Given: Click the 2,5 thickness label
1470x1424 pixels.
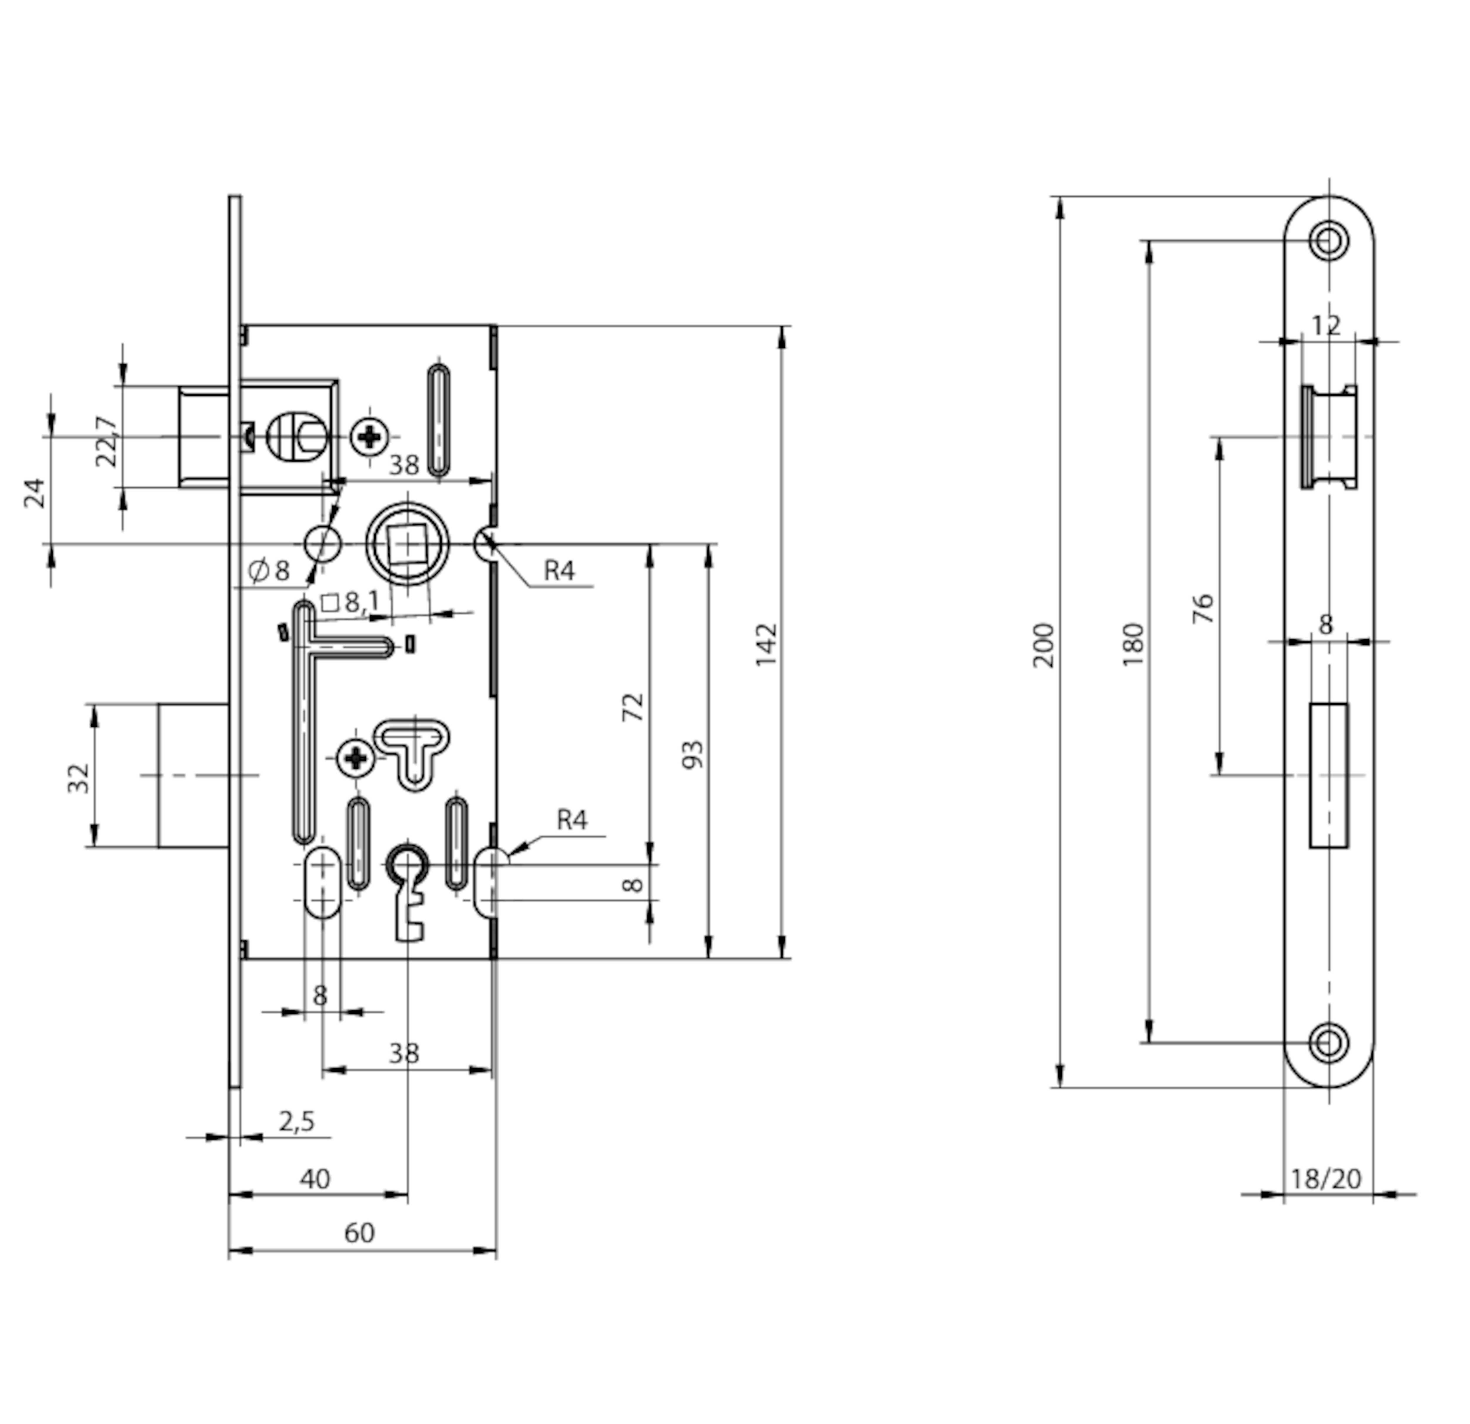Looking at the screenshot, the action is tap(297, 1122).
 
